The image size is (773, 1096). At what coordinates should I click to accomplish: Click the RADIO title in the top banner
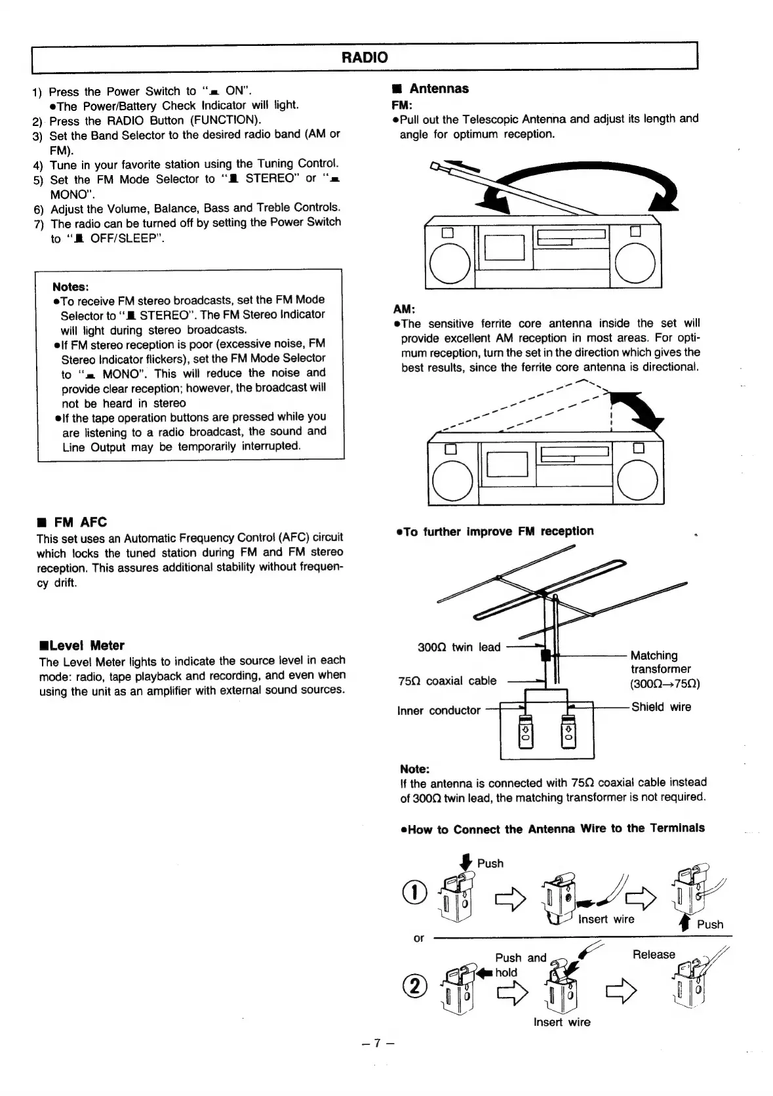365,57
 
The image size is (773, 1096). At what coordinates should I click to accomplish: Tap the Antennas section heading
439,89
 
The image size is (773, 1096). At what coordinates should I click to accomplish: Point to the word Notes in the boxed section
70,287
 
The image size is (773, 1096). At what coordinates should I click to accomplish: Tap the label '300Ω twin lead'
458,647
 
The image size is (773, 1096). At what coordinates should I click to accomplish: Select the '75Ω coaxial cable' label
447,681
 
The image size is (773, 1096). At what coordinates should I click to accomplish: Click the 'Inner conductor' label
439,710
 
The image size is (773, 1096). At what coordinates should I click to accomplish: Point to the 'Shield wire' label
661,707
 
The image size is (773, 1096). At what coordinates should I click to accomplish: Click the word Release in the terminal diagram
653,954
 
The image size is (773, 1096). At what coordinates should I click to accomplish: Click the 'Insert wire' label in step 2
561,1022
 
